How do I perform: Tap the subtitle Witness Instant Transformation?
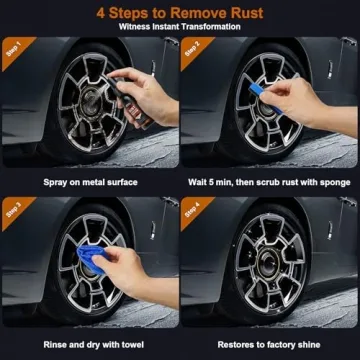point(180,27)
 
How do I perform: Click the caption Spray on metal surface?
point(90,182)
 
